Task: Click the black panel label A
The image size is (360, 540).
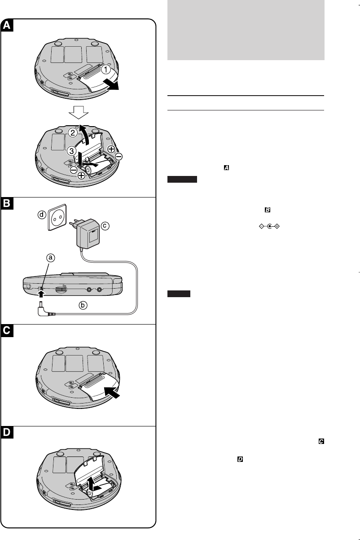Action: click(x=8, y=26)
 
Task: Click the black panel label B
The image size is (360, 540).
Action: click(x=8, y=204)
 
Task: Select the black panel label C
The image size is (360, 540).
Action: click(x=8, y=331)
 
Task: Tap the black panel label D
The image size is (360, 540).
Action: click(x=8, y=433)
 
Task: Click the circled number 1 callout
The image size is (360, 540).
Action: click(x=105, y=70)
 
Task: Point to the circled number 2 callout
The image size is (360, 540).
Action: click(x=73, y=133)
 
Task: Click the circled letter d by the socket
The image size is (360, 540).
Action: click(x=41, y=215)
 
